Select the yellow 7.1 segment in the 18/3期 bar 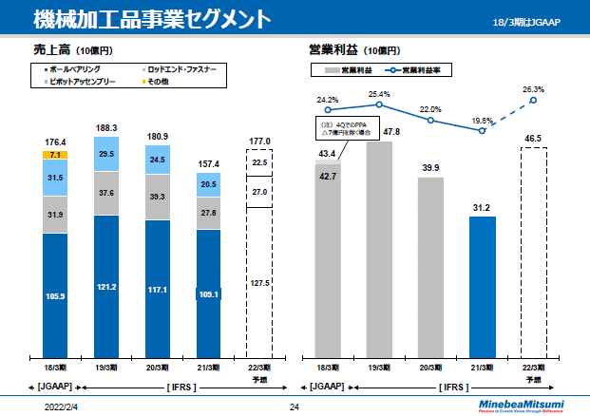(55, 155)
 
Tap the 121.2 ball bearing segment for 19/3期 (106, 285)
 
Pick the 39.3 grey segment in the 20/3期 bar (158, 197)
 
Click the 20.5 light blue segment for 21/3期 (209, 185)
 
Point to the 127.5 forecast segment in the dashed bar (260, 282)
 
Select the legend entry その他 (158, 83)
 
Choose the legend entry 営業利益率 (419, 70)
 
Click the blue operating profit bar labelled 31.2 (483, 285)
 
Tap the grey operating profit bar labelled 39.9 (430, 266)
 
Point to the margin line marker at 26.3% (534, 101)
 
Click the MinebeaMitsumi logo (522, 406)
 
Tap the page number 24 (294, 407)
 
